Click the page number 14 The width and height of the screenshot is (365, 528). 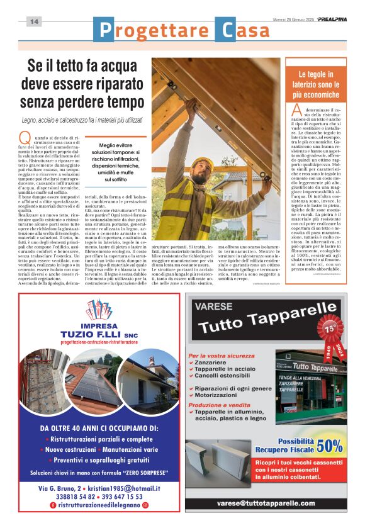pos(34,21)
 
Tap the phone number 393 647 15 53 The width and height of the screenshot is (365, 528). pos(130,496)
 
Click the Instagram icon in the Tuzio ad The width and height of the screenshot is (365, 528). pos(145,505)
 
